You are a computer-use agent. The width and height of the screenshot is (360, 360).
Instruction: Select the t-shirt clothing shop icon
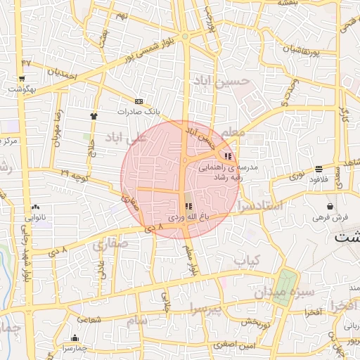(94, 115)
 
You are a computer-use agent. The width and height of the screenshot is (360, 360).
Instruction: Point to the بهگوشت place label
(19, 89)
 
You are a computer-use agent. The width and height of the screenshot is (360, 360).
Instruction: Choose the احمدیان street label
(62, 72)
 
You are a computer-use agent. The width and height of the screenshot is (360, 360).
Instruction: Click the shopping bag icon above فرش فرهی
(330, 206)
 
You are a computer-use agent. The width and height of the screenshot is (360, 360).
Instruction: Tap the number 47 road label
(27, 63)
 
